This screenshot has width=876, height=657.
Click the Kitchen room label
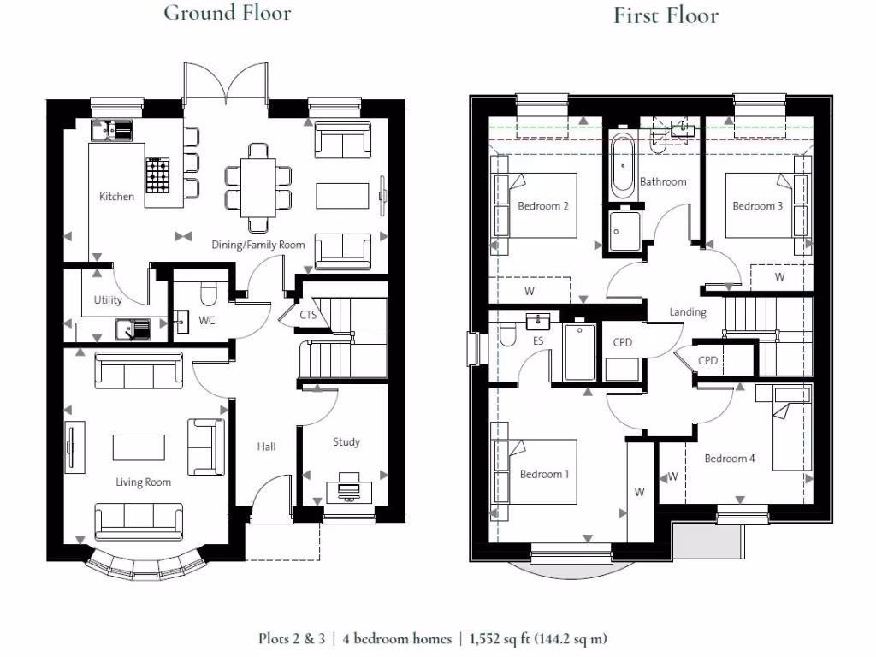pyautogui.click(x=116, y=197)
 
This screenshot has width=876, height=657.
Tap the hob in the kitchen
pyautogui.click(x=157, y=175)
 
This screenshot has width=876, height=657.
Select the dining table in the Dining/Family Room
pyautogui.click(x=258, y=187)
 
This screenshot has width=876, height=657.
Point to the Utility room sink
pyautogui.click(x=133, y=329)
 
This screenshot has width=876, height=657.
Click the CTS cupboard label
pyautogui.click(x=308, y=315)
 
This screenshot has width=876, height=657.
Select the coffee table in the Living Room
pyautogui.click(x=139, y=447)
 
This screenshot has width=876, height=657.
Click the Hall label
pyautogui.click(x=267, y=447)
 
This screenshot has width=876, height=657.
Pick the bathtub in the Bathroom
pyautogui.click(x=623, y=165)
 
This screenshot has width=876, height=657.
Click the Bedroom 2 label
pyautogui.click(x=543, y=206)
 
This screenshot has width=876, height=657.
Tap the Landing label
pyautogui.click(x=688, y=312)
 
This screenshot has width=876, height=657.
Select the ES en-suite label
pyautogui.click(x=538, y=340)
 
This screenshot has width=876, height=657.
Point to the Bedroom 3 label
pyautogui.click(x=758, y=206)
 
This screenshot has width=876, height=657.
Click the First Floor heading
pyautogui.click(x=666, y=15)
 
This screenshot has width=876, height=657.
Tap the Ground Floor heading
pyautogui.click(x=228, y=13)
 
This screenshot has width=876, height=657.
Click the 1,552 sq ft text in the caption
pyautogui.click(x=499, y=638)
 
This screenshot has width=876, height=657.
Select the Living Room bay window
pyautogui.click(x=143, y=565)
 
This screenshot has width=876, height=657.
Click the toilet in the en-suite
pyautogui.click(x=508, y=334)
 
